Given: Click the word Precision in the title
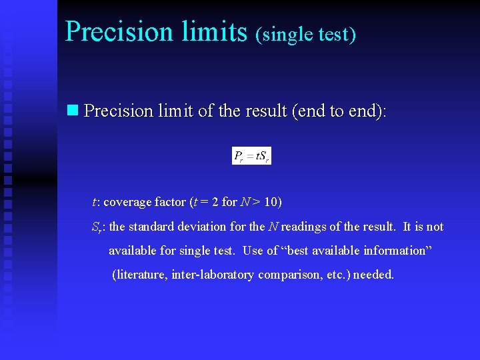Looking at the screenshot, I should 119,31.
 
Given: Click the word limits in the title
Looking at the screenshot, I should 213,31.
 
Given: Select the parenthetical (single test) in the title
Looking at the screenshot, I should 305,34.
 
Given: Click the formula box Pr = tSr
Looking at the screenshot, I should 251,156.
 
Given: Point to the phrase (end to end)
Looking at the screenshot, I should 338,111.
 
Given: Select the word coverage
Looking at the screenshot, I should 127,202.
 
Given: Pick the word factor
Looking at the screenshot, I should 169,202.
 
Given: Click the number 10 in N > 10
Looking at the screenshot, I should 274,202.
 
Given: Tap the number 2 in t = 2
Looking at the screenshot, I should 215,202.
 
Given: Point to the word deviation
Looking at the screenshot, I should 198,227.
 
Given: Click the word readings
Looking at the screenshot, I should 303,227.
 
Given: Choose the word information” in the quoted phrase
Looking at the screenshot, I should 400,251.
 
